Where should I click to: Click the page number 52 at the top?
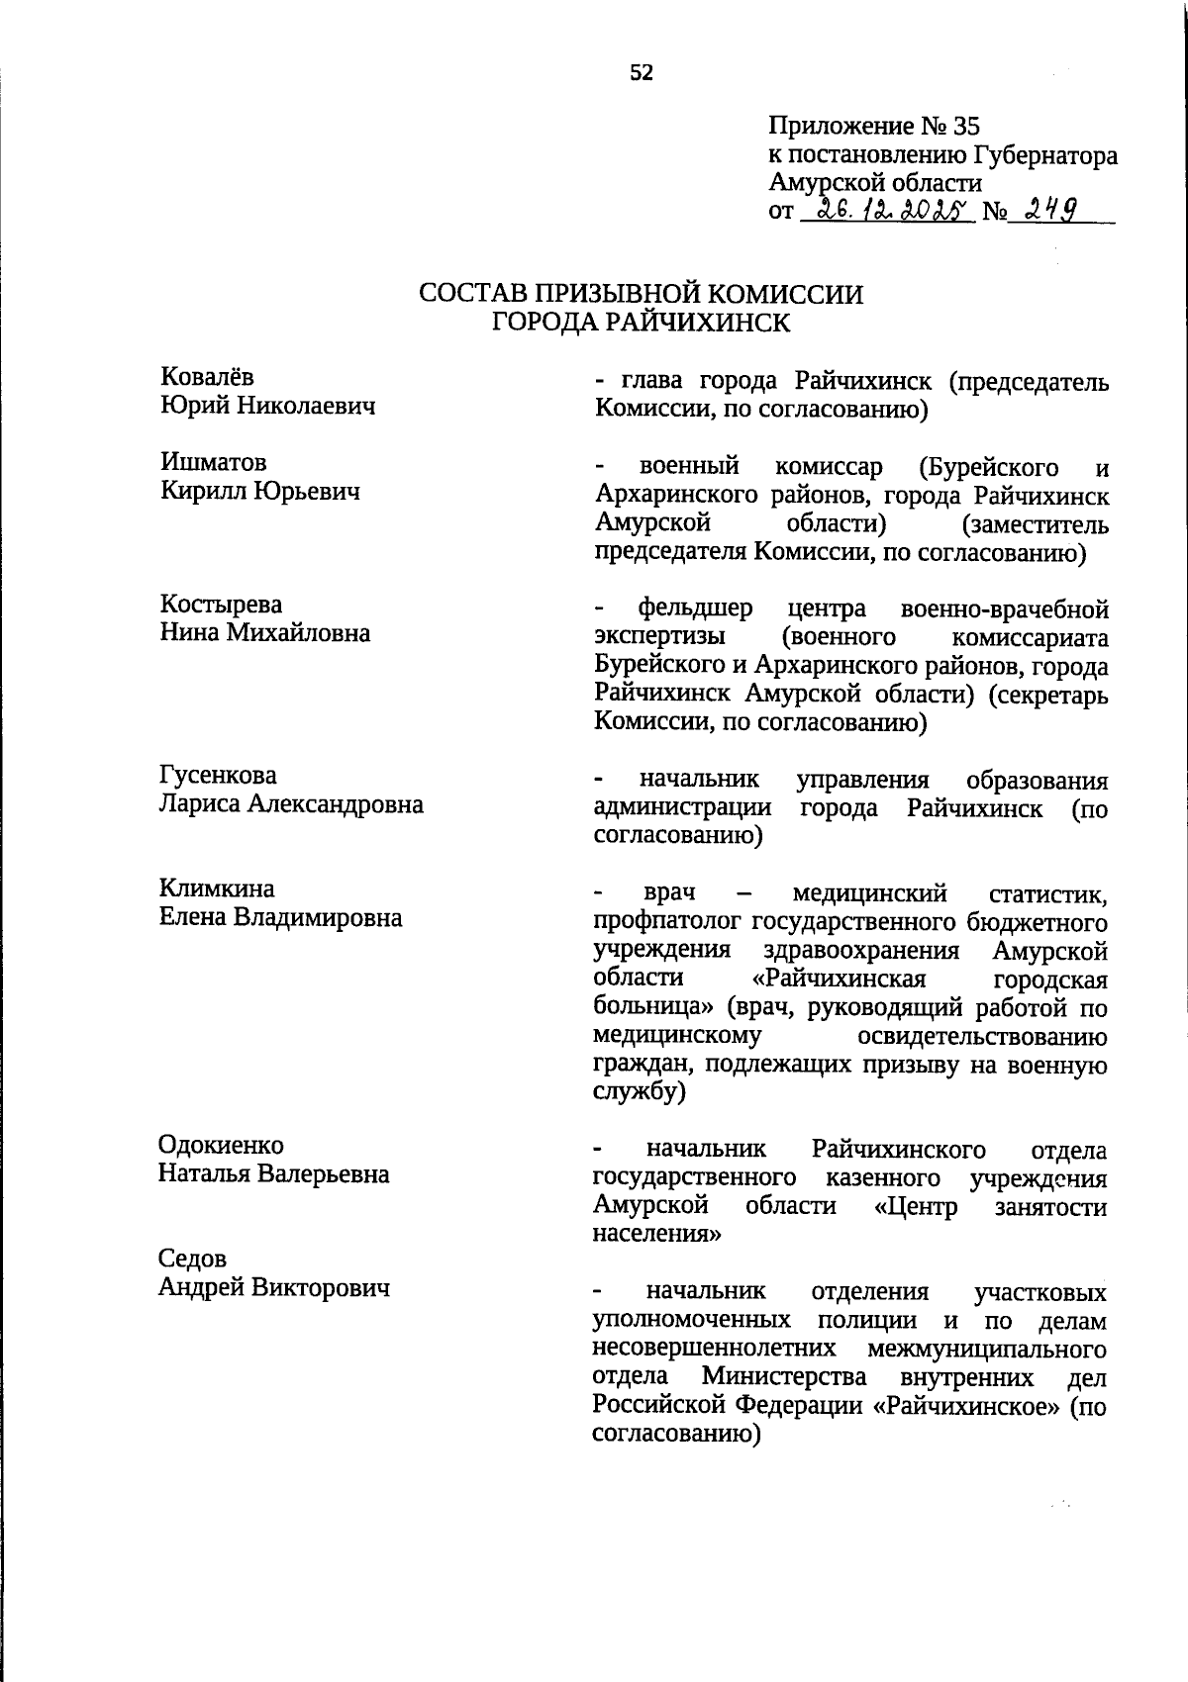642,72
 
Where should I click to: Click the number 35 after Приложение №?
965,127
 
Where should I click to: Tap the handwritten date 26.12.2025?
885,210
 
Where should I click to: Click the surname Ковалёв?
207,376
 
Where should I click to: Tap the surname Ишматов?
213,462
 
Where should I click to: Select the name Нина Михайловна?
265,632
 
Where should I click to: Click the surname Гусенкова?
219,775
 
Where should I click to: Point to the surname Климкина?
218,888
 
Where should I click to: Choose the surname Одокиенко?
221,1145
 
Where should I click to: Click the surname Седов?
192,1259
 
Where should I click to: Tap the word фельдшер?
695,607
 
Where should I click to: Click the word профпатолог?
667,923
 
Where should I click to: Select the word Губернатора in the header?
1045,155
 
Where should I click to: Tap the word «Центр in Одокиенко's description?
916,1206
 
